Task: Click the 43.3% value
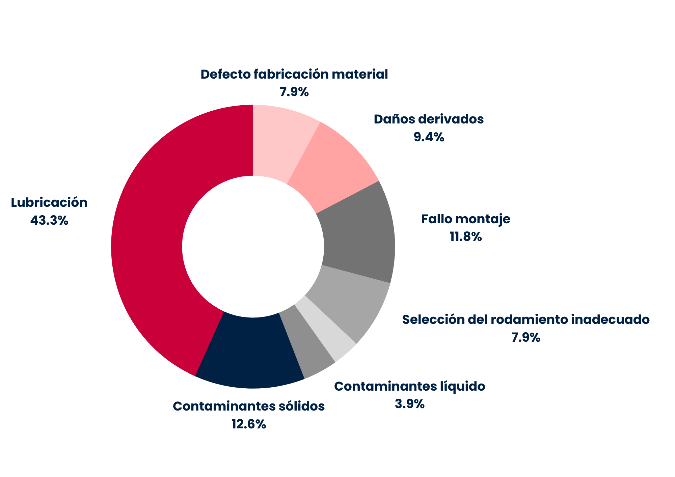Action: pyautogui.click(x=49, y=221)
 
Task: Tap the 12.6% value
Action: pyautogui.click(x=249, y=424)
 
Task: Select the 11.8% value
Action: pyautogui.click(x=466, y=237)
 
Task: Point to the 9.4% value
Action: pyautogui.click(x=429, y=137)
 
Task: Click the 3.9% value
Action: pyautogui.click(x=410, y=403)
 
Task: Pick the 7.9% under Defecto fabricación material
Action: pyautogui.click(x=294, y=92)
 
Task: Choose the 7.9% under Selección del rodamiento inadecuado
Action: pyautogui.click(x=526, y=337)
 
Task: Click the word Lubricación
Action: pyautogui.click(x=49, y=202)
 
